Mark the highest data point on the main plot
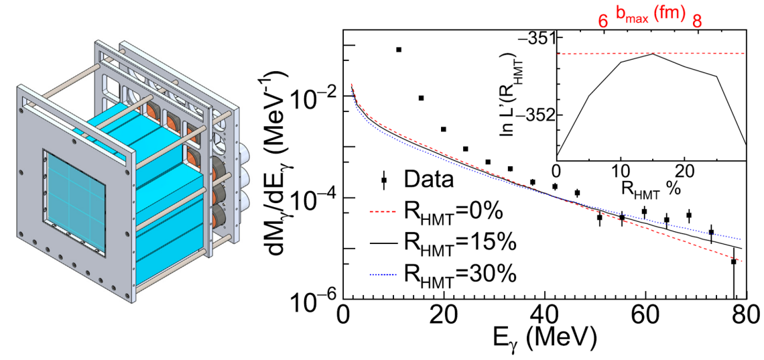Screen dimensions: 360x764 (399, 50)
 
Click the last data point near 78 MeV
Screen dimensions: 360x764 (734, 261)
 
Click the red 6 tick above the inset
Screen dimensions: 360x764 (603, 21)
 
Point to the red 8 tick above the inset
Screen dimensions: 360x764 (697, 21)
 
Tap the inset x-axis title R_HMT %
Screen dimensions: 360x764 (650, 190)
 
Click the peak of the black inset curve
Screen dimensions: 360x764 (652, 54)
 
